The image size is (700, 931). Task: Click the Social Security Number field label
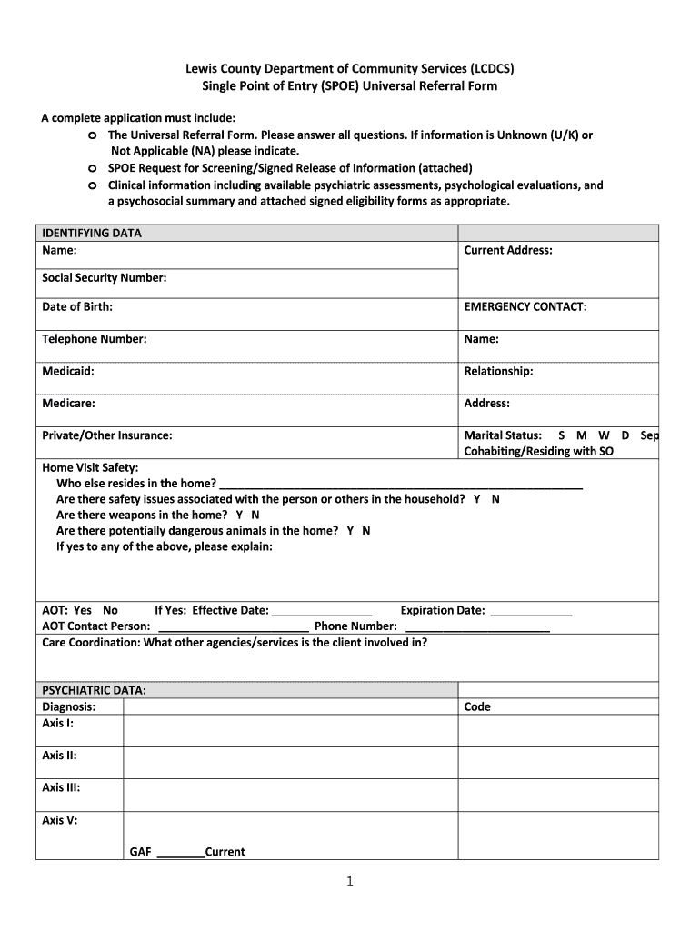click(104, 278)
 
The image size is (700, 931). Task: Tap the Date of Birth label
click(77, 307)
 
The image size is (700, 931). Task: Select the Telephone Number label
click(94, 339)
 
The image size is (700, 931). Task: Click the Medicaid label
click(68, 371)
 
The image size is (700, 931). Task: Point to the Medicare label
click(68, 403)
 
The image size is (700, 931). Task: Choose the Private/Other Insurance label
click(107, 435)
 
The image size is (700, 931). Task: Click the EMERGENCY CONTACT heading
click(525, 307)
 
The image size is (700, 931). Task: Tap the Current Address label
click(507, 250)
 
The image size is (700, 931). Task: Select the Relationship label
click(498, 371)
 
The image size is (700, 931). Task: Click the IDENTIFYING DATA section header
click(92, 234)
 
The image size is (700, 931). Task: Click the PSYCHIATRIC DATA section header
click(94, 690)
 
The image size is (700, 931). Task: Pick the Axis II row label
click(59, 756)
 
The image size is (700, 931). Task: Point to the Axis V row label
click(59, 820)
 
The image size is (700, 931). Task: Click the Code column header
click(477, 706)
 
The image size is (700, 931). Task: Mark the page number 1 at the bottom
click(349, 881)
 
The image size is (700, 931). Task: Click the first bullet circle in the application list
click(93, 135)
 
